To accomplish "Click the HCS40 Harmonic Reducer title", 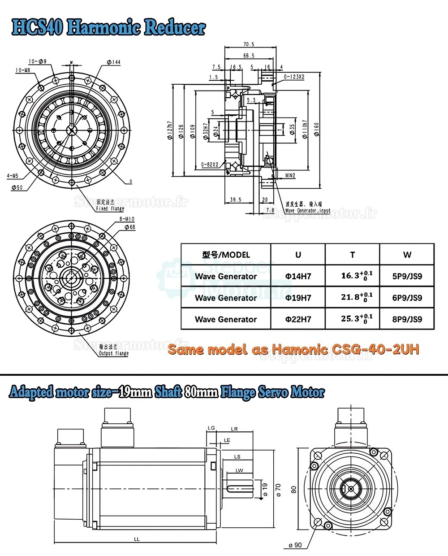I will [x=108, y=28].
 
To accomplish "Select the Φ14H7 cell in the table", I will [x=298, y=276].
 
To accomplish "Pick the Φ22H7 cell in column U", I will [x=298, y=319].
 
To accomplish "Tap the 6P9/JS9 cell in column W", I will [x=407, y=298].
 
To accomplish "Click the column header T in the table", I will [x=352, y=255].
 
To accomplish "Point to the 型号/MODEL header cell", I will [x=226, y=255].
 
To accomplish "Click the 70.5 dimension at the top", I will [x=249, y=44].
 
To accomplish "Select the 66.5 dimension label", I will [x=249, y=56].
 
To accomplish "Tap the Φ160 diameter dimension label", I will [x=316, y=130].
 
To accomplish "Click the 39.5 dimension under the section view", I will [x=235, y=200].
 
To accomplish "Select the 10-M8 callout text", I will [x=22, y=70].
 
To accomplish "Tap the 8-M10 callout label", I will [x=127, y=219].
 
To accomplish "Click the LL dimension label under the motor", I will [x=137, y=539].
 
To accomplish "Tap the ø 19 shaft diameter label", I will [x=265, y=490].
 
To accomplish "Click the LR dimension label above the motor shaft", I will [x=234, y=429].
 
